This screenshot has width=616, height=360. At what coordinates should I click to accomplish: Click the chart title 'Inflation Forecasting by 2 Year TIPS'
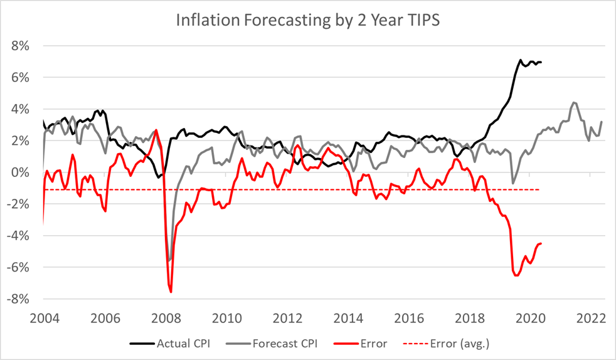(308, 21)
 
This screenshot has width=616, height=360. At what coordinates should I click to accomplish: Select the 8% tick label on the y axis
(24, 46)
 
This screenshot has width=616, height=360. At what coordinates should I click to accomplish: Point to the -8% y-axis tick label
(21, 299)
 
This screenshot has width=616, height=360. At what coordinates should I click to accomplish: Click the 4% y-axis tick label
(24, 109)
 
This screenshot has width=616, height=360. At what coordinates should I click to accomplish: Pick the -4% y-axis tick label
(21, 236)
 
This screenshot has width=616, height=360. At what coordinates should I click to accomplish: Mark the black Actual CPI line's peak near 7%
(520, 60)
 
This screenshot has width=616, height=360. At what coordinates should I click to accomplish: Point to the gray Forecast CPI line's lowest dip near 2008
(169, 260)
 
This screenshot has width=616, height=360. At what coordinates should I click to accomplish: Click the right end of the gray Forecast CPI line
(602, 122)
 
